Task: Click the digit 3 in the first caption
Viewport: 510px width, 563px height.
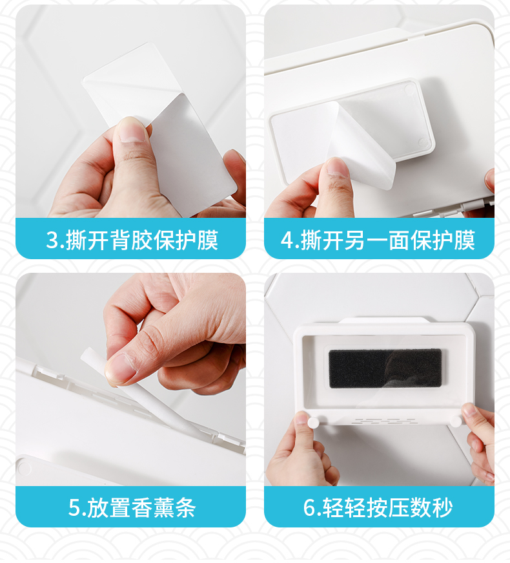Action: (52, 240)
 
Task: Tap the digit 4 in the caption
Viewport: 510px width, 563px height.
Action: (287, 240)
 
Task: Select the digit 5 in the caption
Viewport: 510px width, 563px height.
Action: (74, 507)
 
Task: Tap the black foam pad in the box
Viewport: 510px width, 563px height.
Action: (385, 368)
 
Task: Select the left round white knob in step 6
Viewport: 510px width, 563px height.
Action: (314, 421)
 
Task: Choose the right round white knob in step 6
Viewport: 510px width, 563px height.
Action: (456, 421)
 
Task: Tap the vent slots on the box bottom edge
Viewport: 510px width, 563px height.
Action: (383, 421)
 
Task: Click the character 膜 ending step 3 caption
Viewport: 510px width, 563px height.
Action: (207, 240)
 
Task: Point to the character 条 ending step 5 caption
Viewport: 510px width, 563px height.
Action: (185, 507)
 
